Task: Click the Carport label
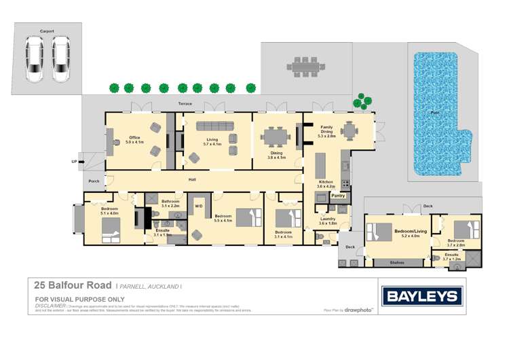tap(47, 31)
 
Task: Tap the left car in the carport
tap(35, 58)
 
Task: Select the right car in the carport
tap(61, 58)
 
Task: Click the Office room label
tap(134, 138)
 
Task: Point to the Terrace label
tap(185, 104)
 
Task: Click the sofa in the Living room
tap(214, 126)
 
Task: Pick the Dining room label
tap(276, 154)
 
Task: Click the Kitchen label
tap(326, 182)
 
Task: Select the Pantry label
tap(338, 196)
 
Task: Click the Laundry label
tap(328, 219)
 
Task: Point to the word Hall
tap(192, 179)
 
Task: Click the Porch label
tap(94, 181)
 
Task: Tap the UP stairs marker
tap(74, 162)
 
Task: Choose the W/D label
tap(199, 205)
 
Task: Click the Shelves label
tap(398, 262)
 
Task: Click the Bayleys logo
tap(422, 295)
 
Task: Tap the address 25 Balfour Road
tap(74, 283)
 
